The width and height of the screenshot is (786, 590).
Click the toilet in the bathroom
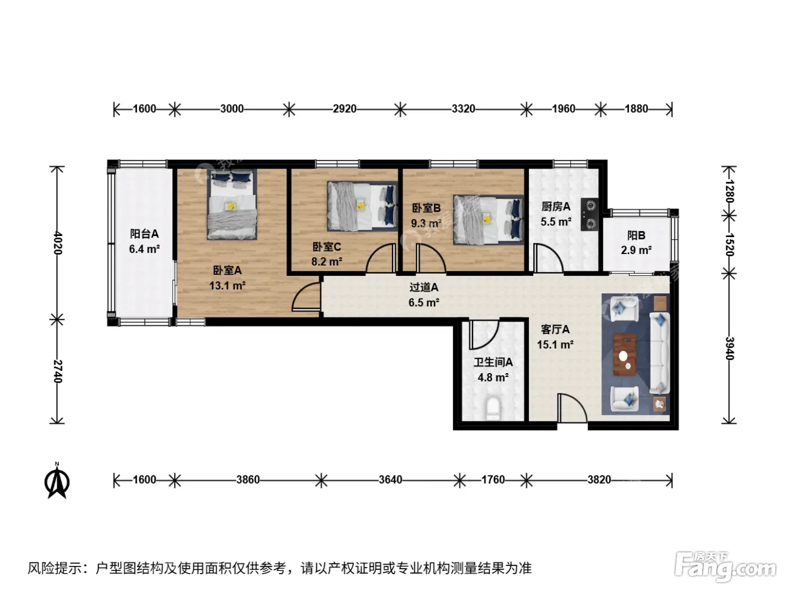pyautogui.click(x=493, y=409)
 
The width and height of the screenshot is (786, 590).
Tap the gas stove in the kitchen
pyautogui.click(x=589, y=215)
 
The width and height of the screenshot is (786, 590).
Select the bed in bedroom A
pyautogui.click(x=232, y=204)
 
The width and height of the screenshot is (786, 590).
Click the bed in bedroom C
pyautogui.click(x=362, y=206)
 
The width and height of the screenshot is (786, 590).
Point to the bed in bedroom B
pyautogui.click(x=488, y=220)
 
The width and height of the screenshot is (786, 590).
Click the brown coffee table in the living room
pyautogui.click(x=624, y=355)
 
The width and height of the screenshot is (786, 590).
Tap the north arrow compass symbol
pyautogui.click(x=57, y=481)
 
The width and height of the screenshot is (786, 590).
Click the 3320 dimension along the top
pyautogui.click(x=463, y=108)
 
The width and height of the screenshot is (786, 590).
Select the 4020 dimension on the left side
pyautogui.click(x=57, y=243)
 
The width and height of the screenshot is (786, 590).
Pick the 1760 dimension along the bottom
pyautogui.click(x=493, y=479)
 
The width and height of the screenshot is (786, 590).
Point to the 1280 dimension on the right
pyautogui.click(x=729, y=191)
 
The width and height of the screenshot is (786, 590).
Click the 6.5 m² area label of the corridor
pyautogui.click(x=424, y=303)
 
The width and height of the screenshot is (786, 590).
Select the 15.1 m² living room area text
pyautogui.click(x=555, y=344)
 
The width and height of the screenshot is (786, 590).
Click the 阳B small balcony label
pyautogui.click(x=636, y=235)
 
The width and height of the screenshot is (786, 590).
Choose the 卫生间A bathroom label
pyautogui.click(x=493, y=362)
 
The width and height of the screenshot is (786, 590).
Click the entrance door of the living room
pyautogui.click(x=572, y=409)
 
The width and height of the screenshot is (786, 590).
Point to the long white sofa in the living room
pyautogui.click(x=659, y=353)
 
